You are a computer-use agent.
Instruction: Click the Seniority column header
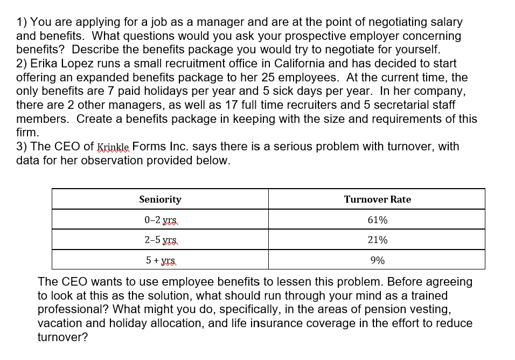160,199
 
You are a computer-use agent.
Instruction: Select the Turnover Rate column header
377,199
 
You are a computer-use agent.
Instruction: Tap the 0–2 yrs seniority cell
161,220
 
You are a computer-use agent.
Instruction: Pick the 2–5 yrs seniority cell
161,240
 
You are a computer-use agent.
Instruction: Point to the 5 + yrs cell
161,260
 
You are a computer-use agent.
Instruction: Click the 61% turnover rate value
377,220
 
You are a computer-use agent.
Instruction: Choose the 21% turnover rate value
377,240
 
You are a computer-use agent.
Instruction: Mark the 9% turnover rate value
377,260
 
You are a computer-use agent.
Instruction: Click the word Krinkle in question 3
113,147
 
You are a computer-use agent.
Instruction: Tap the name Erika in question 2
45,64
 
